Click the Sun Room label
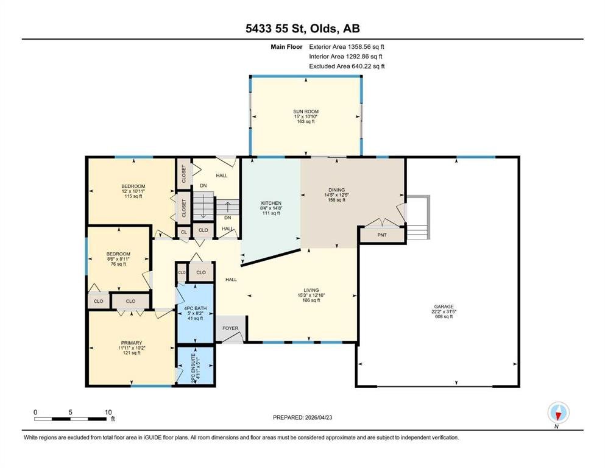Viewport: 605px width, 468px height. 306,112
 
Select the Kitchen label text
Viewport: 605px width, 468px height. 271,203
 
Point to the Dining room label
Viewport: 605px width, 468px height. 336,190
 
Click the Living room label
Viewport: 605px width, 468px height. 311,290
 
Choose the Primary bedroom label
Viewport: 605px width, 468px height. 132,342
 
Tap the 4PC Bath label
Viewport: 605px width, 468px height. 195,308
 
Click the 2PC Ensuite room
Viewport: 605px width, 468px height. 195,366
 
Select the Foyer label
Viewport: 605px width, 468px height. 230,328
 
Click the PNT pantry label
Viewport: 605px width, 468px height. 382,235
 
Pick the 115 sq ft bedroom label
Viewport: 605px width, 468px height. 133,186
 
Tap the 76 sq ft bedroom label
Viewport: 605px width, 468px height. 118,254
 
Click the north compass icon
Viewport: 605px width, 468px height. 558,413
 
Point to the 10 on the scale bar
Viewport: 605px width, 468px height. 108,412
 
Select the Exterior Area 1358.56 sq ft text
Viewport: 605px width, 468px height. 347,47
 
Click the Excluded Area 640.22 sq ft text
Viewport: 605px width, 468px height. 347,66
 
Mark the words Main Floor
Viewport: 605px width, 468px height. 286,47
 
